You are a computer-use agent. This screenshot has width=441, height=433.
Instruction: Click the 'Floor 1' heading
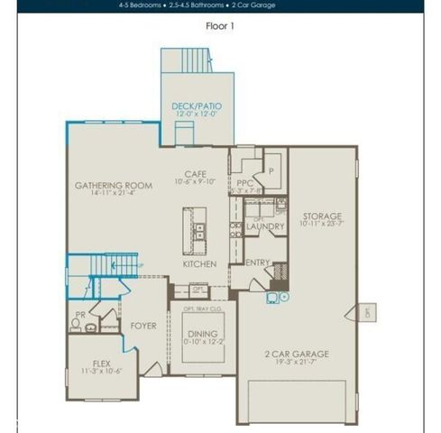pos(220,26)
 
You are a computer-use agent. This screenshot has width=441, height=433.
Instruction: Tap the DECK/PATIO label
pos(197,106)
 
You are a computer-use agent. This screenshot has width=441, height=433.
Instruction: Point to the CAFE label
pos(196,173)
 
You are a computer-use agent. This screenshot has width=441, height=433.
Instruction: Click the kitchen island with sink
pos(194,231)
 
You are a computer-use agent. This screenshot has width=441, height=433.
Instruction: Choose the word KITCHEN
pos(198,265)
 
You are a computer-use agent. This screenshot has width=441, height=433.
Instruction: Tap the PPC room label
pos(244,182)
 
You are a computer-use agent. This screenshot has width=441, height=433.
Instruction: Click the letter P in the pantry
pos(270,169)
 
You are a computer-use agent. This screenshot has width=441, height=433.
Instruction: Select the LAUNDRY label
pos(265,226)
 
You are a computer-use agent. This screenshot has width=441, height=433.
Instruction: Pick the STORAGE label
pos(322,216)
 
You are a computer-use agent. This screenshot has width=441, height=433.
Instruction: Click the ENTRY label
pos(258,263)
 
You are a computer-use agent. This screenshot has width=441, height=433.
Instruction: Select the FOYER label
pos(144,325)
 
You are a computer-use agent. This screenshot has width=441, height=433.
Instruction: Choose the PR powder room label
pos(80,315)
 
